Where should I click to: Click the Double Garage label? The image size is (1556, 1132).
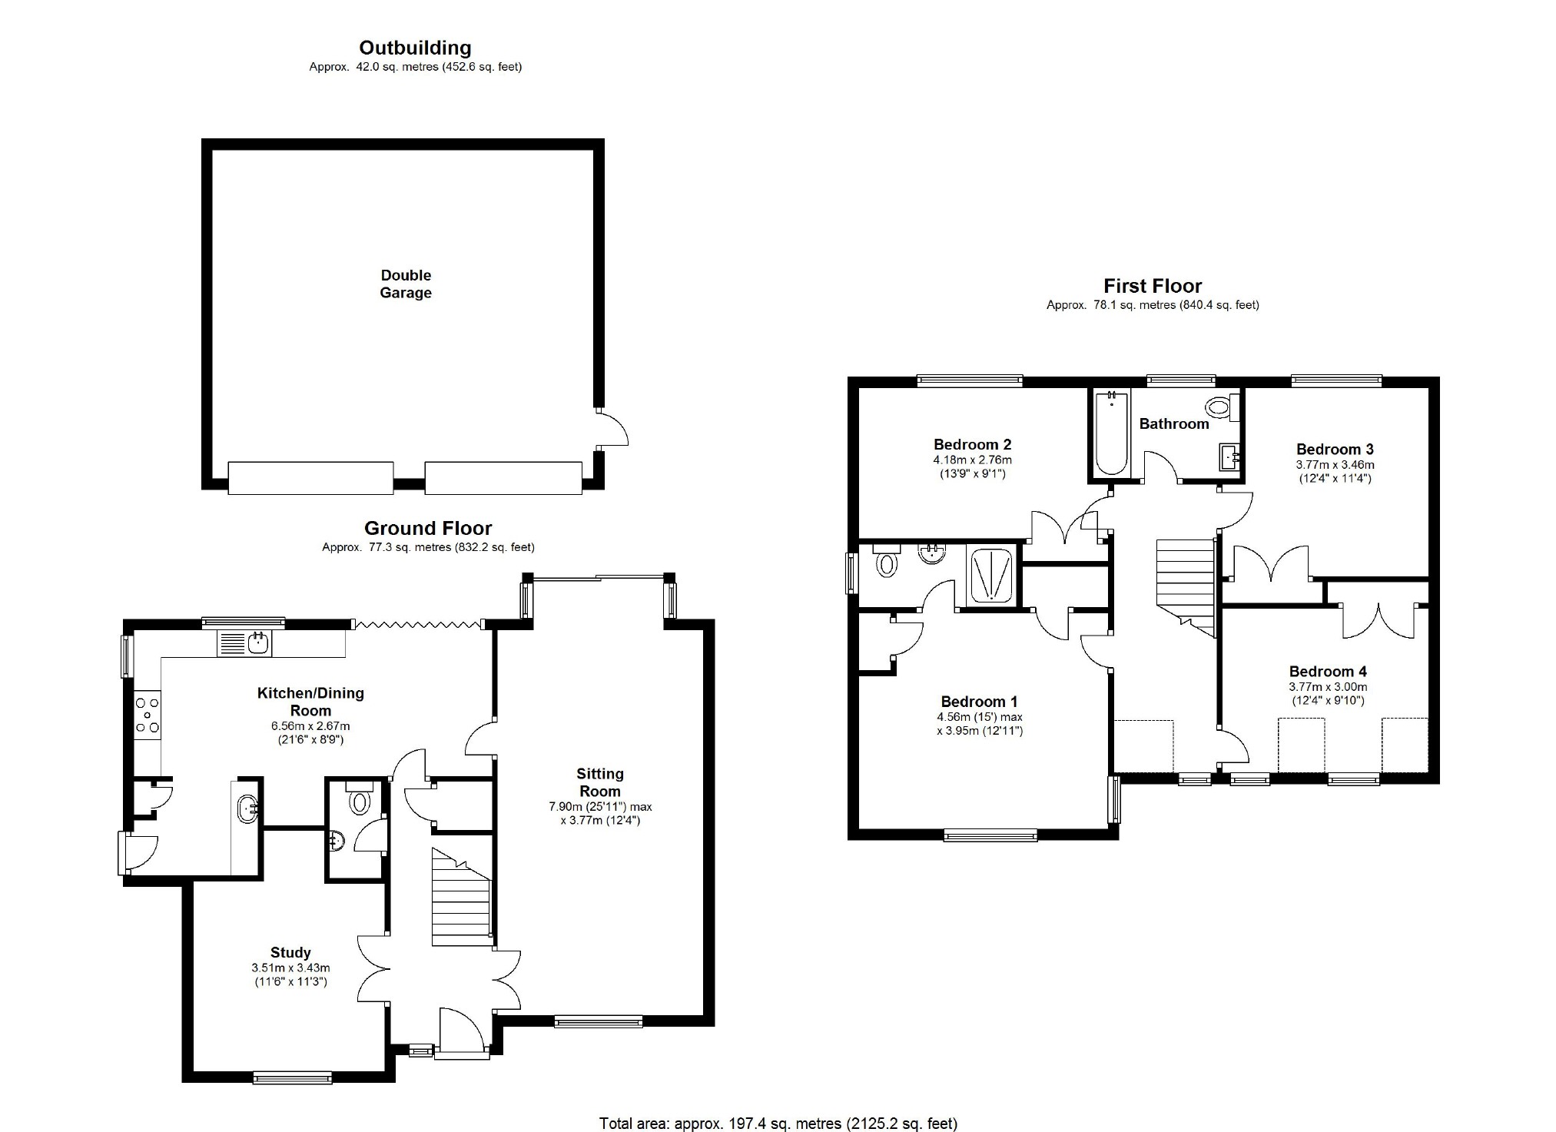click(406, 284)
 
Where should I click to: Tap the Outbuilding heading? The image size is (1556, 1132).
click(415, 48)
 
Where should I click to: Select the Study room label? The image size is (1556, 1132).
click(290, 953)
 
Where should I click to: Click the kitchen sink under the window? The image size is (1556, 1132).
click(245, 643)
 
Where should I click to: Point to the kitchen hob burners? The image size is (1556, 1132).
click(148, 715)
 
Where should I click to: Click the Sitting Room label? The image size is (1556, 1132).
click(600, 782)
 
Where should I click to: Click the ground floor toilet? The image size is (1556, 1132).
click(359, 797)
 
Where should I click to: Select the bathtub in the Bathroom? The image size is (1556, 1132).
click(1111, 433)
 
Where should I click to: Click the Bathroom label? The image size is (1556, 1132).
click(1174, 423)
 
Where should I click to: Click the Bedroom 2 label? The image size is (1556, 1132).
click(972, 444)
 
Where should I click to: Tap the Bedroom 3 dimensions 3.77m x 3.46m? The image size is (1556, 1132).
click(1335, 464)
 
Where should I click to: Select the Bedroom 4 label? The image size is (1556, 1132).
click(1328, 672)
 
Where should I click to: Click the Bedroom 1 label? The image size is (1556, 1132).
click(979, 702)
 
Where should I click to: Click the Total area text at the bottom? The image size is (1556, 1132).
click(778, 1124)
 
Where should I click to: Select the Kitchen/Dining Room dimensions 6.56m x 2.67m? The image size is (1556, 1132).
click(310, 725)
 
